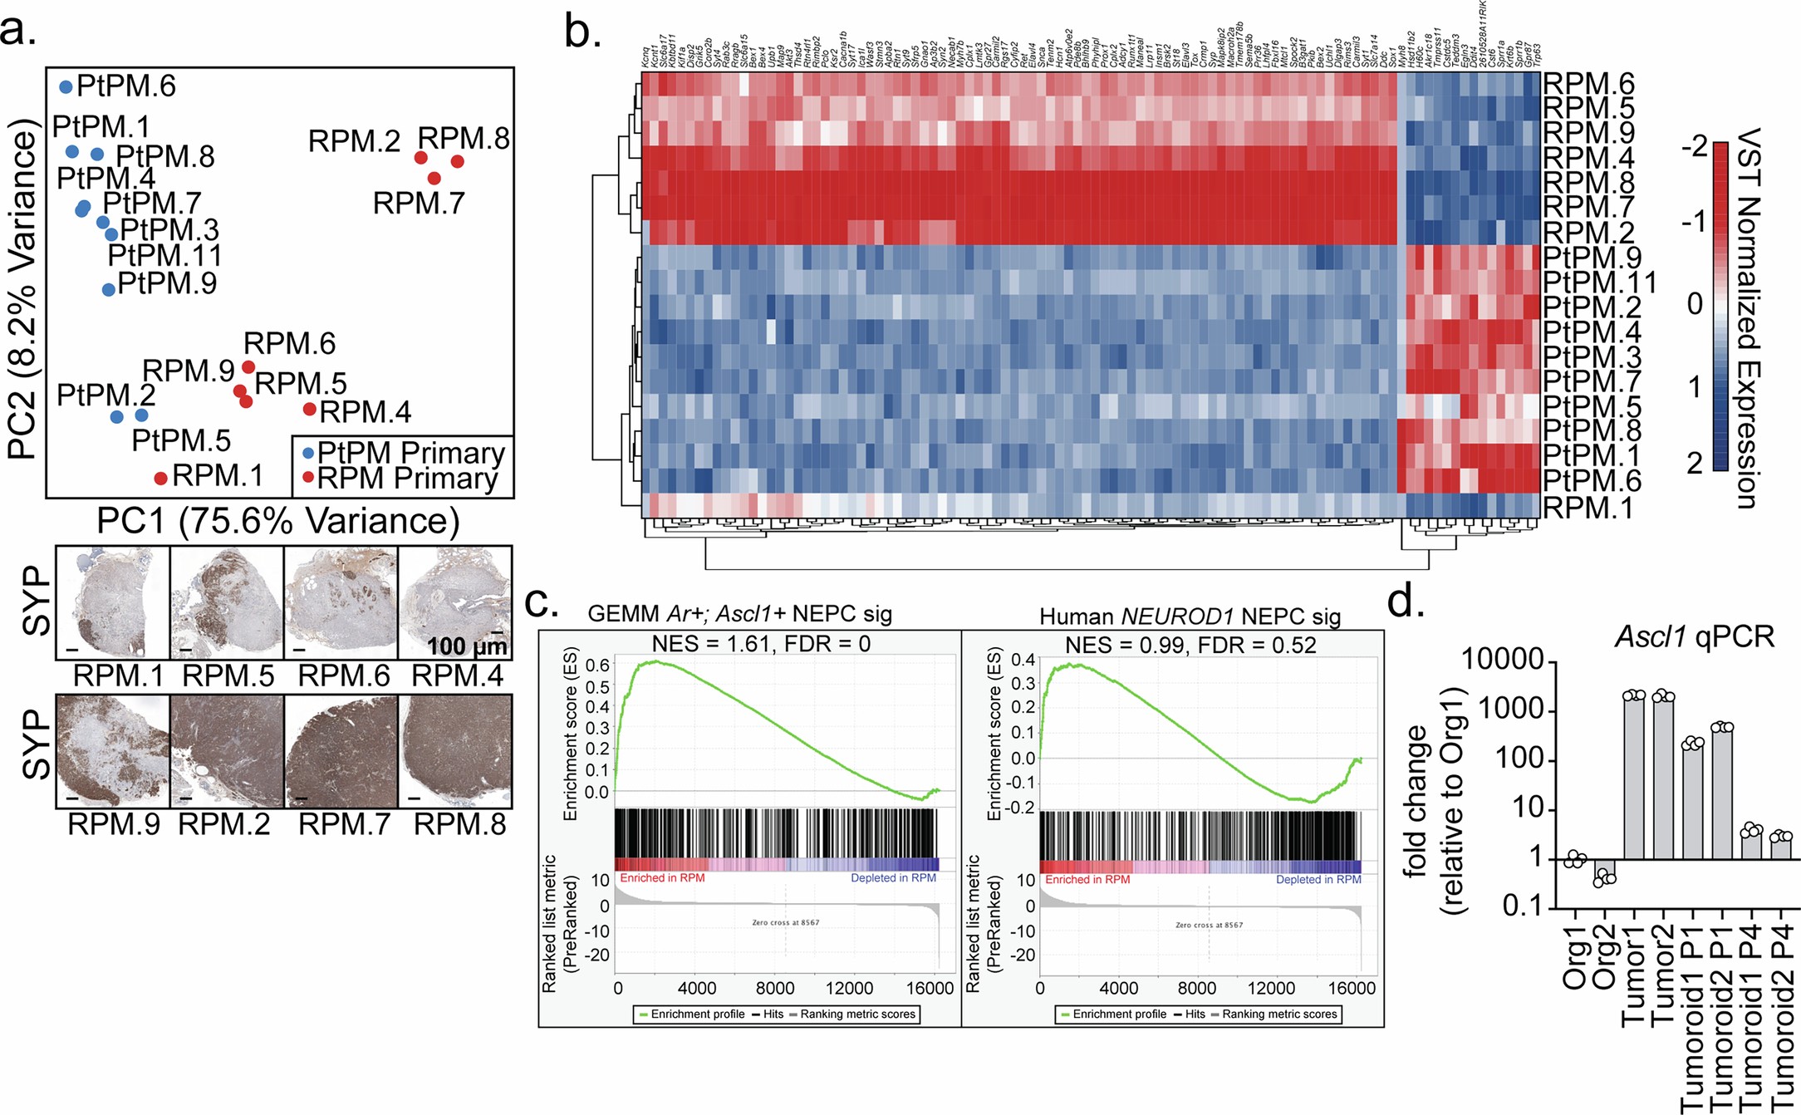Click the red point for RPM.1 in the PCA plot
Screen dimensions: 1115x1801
(x=161, y=478)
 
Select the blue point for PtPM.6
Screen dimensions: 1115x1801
(x=66, y=87)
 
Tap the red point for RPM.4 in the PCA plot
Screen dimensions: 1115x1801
(x=309, y=409)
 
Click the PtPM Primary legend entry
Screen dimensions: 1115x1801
(x=402, y=453)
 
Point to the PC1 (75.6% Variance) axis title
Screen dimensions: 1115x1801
(x=278, y=521)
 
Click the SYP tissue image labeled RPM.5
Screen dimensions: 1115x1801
(x=227, y=603)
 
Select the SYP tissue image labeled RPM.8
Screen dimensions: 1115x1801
(x=455, y=751)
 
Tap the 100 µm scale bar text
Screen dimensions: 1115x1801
(x=466, y=646)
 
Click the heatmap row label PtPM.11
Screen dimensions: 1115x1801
(x=1599, y=282)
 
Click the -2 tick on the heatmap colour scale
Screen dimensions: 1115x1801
(x=1694, y=148)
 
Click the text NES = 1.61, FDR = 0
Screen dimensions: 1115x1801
(x=760, y=644)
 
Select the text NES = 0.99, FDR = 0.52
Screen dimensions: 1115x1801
(x=1190, y=646)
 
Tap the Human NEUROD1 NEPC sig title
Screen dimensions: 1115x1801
(x=1190, y=616)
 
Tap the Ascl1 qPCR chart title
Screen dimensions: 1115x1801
(x=1694, y=637)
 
